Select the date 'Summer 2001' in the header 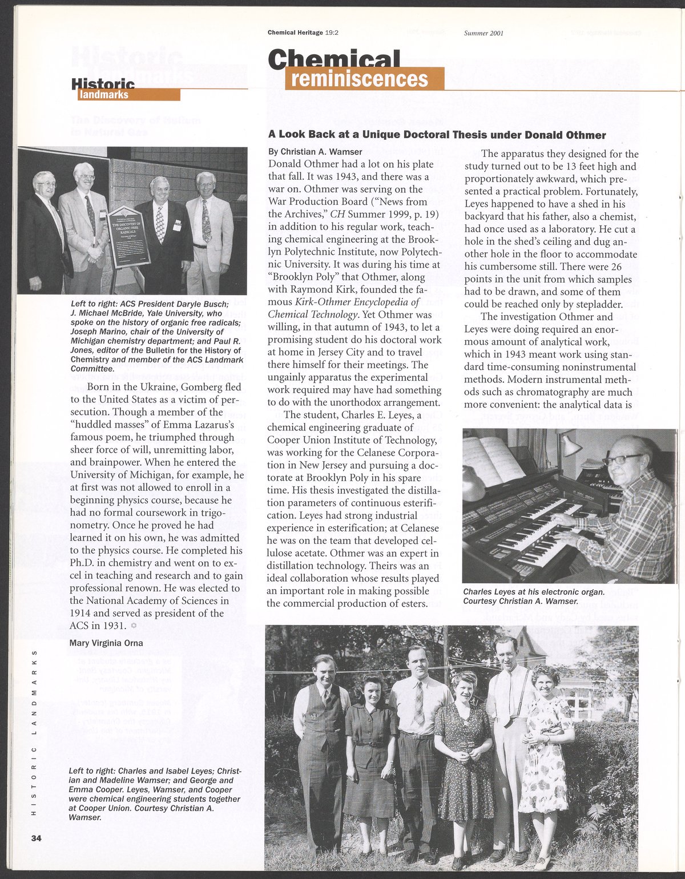click(x=483, y=33)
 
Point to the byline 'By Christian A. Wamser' click(x=315, y=152)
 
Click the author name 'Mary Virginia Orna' click(x=106, y=643)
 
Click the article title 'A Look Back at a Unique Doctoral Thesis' click(x=437, y=135)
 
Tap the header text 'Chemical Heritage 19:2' click(x=303, y=33)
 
